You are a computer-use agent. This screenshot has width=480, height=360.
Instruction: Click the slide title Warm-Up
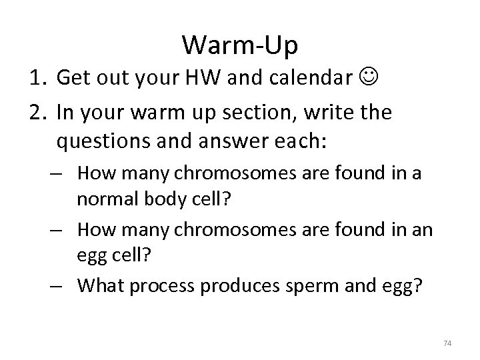[x=240, y=45]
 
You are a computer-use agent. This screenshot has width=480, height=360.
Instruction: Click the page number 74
[x=447, y=343]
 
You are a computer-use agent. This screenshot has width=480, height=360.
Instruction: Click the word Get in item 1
[x=73, y=78]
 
